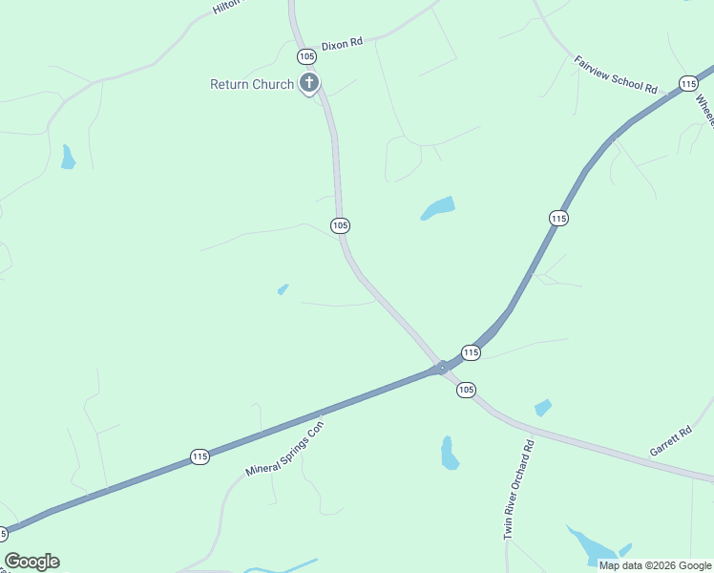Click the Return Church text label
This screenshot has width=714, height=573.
tap(252, 84)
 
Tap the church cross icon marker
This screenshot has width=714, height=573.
tap(308, 83)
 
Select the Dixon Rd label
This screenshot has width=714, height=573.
tap(343, 44)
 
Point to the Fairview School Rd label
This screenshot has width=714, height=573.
tap(616, 74)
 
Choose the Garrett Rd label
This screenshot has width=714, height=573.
tap(670, 440)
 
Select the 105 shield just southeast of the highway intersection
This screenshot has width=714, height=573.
tap(466, 390)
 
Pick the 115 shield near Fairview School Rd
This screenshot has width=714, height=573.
tap(689, 84)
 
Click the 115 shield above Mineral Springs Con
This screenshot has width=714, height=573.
tap(199, 457)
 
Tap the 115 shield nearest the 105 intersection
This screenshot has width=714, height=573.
tap(471, 353)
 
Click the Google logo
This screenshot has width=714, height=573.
tap(31, 562)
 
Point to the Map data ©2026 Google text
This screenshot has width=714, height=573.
tap(655, 565)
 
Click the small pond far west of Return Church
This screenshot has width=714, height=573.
tap(68, 158)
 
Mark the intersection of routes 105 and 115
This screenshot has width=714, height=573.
tap(441, 368)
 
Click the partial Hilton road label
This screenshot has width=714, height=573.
tap(228, 7)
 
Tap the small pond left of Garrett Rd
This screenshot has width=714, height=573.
tap(543, 408)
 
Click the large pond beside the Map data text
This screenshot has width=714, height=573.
tap(593, 545)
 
